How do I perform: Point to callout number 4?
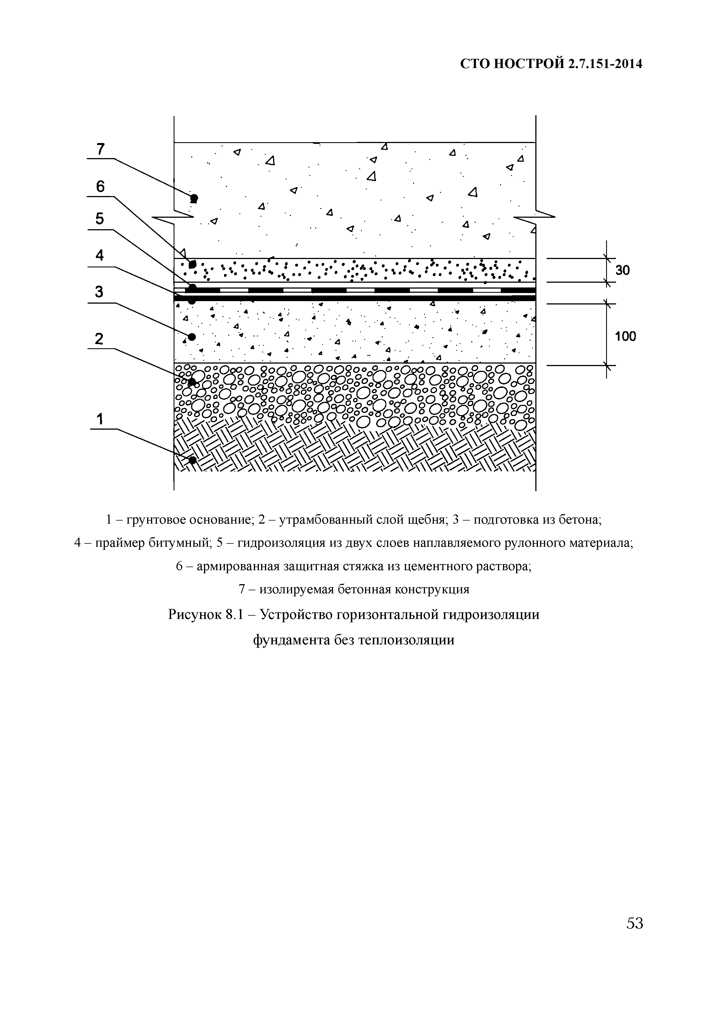[x=100, y=255]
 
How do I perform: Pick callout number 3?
[x=99, y=292]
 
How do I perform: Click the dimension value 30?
[x=622, y=270]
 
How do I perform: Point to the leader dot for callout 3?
[x=191, y=337]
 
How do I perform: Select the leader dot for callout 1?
[x=193, y=460]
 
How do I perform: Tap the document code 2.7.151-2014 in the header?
[x=605, y=64]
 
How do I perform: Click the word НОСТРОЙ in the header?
[x=529, y=64]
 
